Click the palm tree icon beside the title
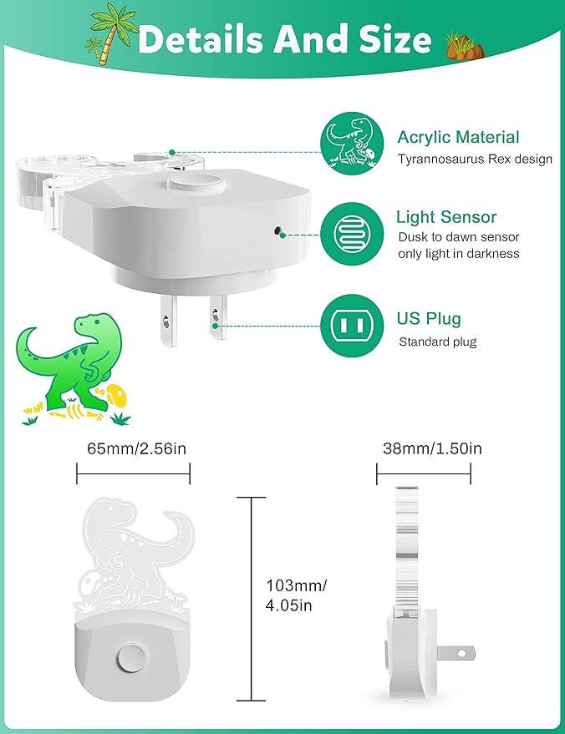tap(110, 33)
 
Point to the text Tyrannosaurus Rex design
tap(474, 159)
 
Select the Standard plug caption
tap(438, 342)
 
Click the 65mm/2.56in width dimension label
tap(136, 448)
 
